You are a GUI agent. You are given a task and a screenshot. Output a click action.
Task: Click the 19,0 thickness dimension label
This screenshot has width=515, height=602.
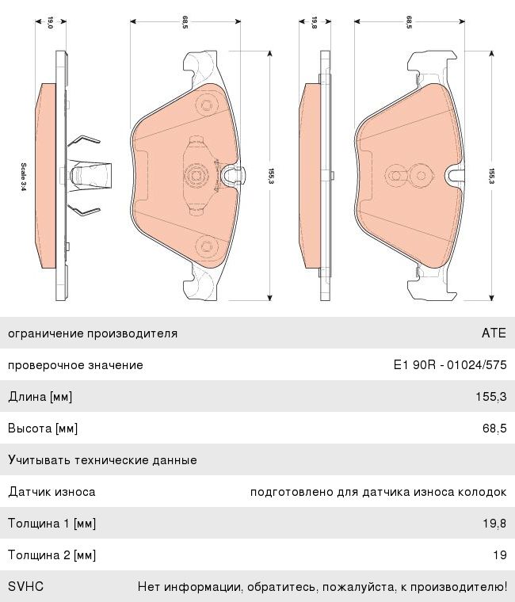[x=50, y=22]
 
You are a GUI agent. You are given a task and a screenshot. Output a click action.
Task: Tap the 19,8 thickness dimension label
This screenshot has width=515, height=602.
[x=314, y=22]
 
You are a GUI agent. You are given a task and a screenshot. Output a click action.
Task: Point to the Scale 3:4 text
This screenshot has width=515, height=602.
[x=24, y=177]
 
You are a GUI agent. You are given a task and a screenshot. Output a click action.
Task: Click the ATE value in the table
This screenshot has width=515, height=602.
[x=494, y=333]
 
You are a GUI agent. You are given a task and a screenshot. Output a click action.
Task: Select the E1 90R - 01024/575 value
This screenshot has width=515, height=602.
[x=450, y=364]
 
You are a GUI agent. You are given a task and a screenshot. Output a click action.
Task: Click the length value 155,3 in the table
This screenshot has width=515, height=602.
[x=491, y=396]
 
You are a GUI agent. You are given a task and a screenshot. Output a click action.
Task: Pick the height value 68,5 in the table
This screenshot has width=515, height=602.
[x=494, y=428]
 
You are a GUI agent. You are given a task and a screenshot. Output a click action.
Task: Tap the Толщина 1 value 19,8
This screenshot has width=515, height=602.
[x=494, y=524]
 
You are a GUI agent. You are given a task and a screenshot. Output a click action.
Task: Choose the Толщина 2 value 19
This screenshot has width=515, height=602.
[x=500, y=554]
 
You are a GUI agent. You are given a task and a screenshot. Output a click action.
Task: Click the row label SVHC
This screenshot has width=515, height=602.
[x=25, y=586]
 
